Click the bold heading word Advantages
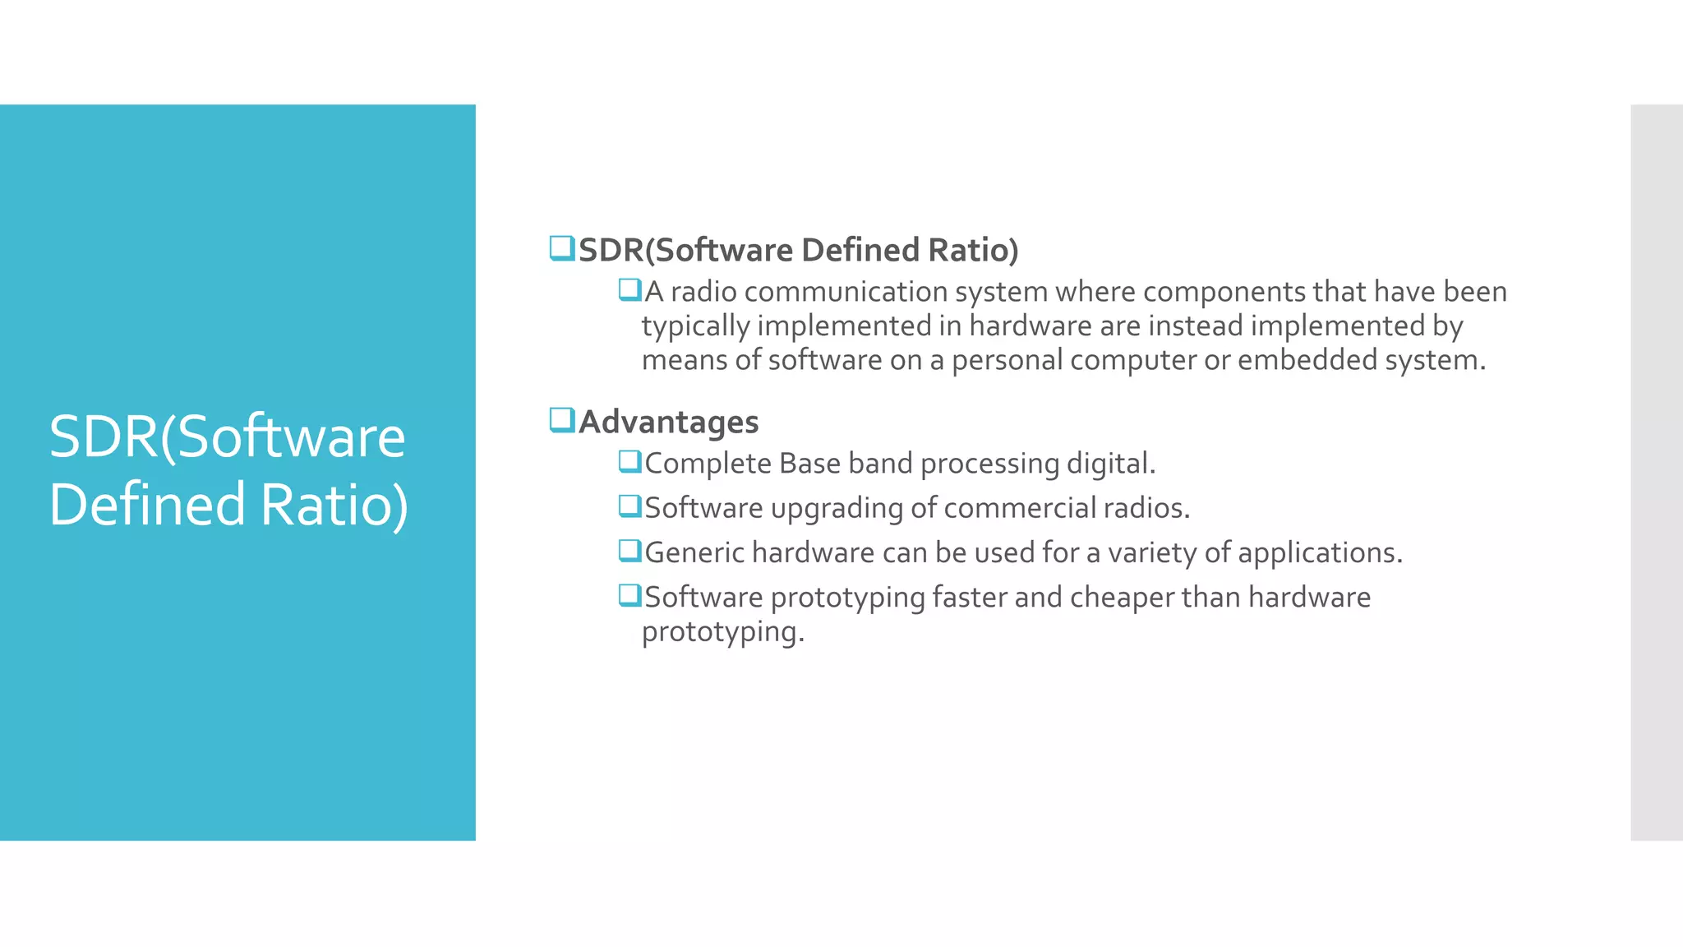click(669, 422)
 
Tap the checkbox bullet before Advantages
click(562, 420)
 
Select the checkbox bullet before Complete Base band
click(629, 461)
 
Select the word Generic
click(694, 552)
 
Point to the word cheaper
click(1122, 598)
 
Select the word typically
click(696, 326)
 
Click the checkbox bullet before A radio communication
click(629, 289)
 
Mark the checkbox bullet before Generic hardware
click(629, 550)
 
